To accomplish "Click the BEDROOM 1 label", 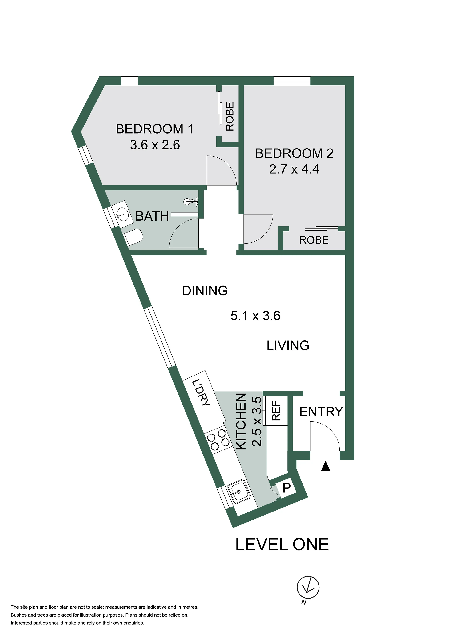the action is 154,129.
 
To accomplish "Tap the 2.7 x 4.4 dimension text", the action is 294,169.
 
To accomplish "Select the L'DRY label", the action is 201,392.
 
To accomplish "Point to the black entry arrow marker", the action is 325,466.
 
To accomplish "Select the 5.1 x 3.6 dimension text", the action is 255,316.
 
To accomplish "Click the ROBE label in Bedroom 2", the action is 314,240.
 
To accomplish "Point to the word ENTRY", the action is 321,412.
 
